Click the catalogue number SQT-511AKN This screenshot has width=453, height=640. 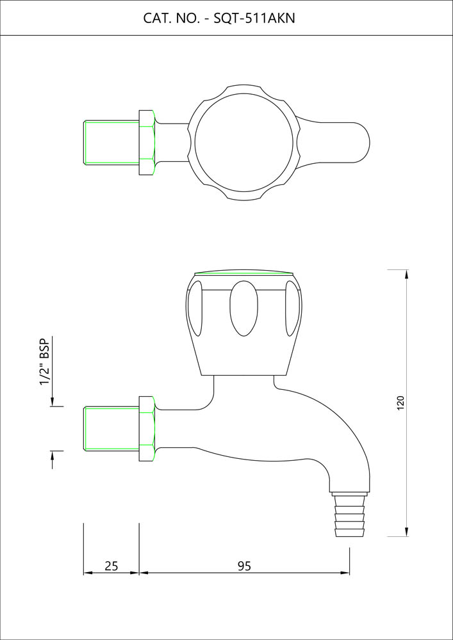coord(254,19)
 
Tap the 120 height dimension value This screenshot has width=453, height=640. coord(400,403)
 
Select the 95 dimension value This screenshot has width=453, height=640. coord(244,566)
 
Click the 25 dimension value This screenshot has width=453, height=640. coord(111,566)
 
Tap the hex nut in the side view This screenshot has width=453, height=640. coord(147,429)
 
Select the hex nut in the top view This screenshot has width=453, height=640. coord(147,143)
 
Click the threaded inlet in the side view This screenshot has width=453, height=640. coord(111,429)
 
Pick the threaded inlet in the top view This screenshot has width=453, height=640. coord(111,143)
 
